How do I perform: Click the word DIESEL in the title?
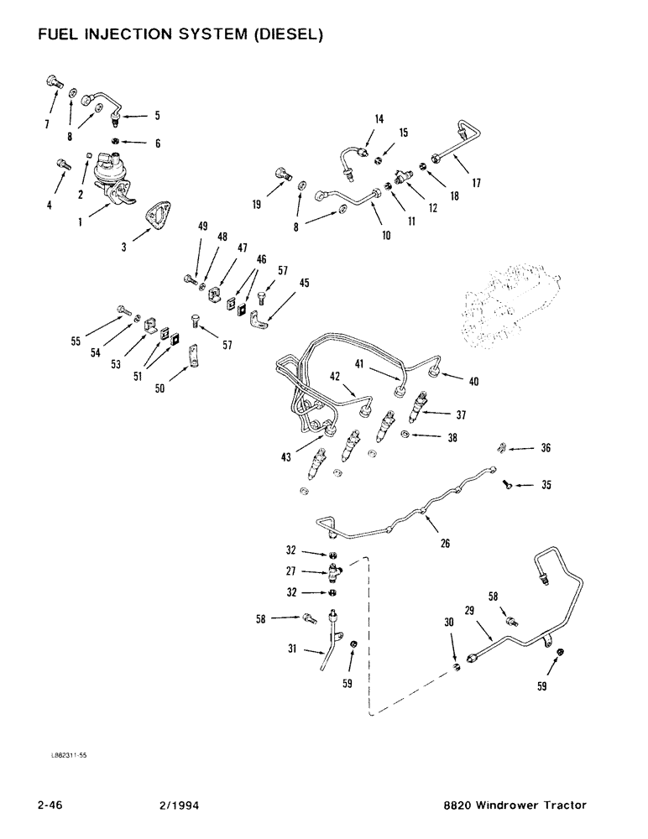(x=282, y=35)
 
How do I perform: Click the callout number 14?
(x=379, y=120)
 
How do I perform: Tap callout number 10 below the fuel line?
(x=386, y=237)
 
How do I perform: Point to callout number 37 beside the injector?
(x=460, y=414)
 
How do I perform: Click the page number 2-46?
(x=53, y=805)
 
